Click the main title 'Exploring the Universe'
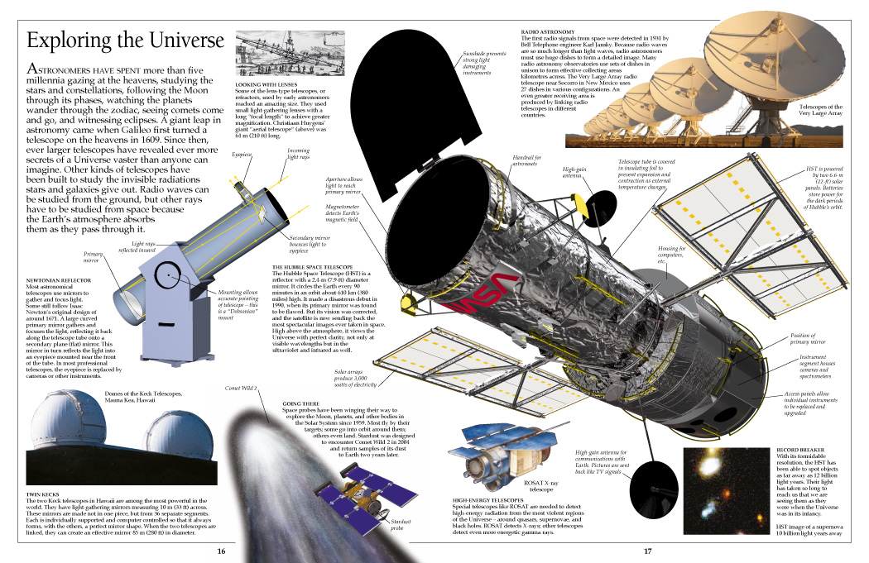[x=126, y=41]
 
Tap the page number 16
[x=221, y=551]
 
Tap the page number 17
[x=648, y=551]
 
